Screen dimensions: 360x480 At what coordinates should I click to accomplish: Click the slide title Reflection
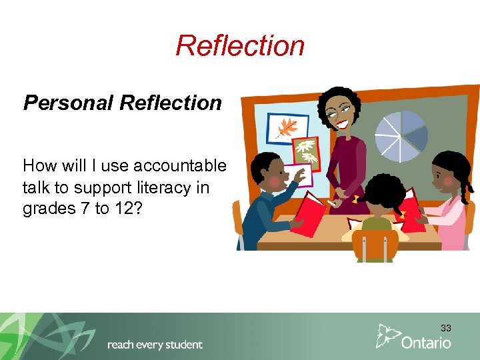[240, 46]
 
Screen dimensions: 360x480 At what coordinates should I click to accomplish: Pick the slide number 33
[445, 328]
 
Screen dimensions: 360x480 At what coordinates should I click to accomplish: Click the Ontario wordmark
[426, 343]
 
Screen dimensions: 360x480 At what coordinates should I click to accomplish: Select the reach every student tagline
[155, 345]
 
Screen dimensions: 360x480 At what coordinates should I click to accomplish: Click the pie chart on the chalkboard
[401, 136]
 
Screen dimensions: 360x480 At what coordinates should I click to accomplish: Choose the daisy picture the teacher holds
[305, 151]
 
